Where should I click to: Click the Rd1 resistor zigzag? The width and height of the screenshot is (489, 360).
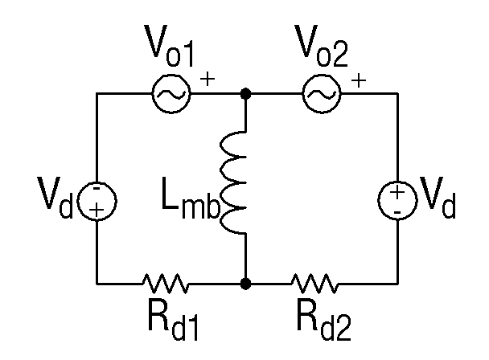166,284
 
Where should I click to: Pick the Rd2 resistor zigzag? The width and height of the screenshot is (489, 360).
314,284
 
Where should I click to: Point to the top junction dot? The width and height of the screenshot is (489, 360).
246,93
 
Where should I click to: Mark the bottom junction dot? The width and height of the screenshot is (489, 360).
246,284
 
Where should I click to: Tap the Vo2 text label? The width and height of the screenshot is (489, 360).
321,46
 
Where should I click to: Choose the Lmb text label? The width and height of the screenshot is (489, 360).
191,198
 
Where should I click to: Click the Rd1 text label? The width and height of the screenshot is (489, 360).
173,321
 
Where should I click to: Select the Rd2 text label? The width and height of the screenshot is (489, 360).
324,321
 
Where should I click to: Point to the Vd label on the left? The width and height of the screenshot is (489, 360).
55,198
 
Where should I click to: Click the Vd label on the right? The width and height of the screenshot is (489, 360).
438,197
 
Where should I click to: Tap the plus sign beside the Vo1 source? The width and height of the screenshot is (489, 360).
208,79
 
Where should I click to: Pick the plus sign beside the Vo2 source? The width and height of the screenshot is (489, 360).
359,80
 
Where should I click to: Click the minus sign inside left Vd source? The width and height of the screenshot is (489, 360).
97,188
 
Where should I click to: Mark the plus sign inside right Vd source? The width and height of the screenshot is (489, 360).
397,192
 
